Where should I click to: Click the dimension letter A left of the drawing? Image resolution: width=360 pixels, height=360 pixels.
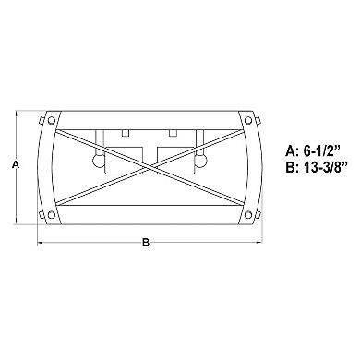coord(16,164)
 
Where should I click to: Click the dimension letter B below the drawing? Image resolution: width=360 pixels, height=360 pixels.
coord(146,242)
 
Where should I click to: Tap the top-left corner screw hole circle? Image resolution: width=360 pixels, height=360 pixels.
coord(52,120)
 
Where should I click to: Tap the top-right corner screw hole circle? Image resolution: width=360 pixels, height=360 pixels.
coord(248,120)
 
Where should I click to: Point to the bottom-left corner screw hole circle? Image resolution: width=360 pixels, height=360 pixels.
coord(52,215)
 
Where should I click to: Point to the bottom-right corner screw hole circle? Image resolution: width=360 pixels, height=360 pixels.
coord(248,215)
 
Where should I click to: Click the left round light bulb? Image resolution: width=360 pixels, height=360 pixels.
coord(98,161)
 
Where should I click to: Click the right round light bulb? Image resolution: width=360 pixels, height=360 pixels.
coord(201,161)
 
